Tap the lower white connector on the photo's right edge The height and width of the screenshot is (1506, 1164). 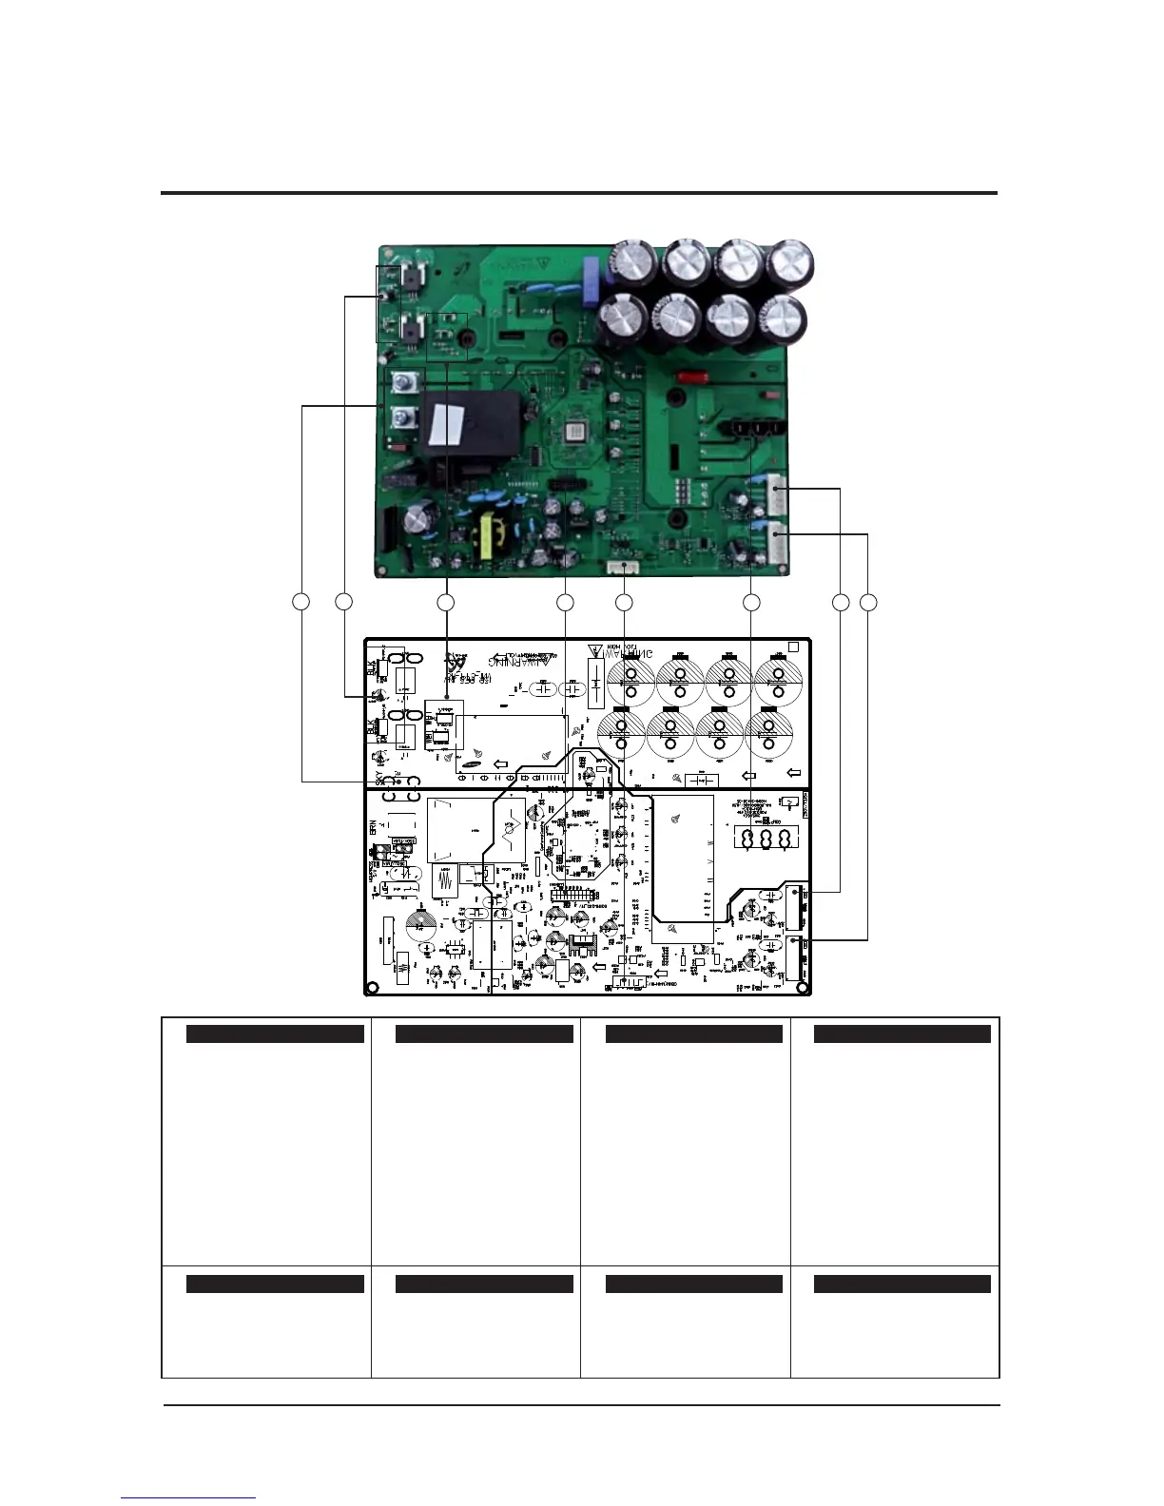[x=777, y=545]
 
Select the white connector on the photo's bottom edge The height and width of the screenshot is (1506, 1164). [x=623, y=568]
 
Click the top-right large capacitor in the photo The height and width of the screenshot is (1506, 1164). [x=788, y=267]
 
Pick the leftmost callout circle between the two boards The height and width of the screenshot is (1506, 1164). [x=301, y=602]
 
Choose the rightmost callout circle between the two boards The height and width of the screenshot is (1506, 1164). [x=867, y=602]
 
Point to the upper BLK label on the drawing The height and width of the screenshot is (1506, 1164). [x=372, y=668]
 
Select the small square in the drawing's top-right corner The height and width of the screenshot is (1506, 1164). [x=794, y=647]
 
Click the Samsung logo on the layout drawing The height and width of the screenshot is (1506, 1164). [x=472, y=762]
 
